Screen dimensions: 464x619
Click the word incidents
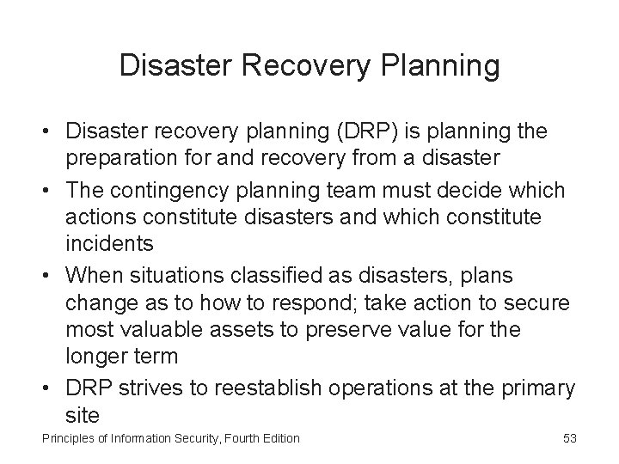click(x=109, y=243)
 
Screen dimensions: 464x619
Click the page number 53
click(x=569, y=438)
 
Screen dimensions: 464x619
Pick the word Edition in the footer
click(x=278, y=438)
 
